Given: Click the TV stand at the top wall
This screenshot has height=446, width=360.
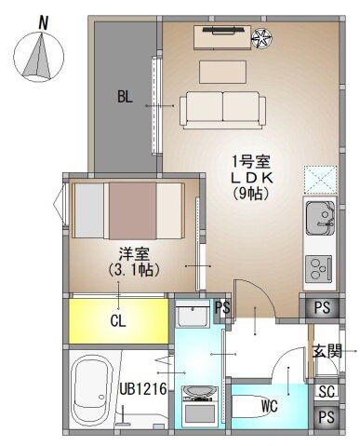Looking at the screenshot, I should (222, 38).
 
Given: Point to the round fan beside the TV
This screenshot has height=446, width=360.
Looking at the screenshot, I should (264, 38).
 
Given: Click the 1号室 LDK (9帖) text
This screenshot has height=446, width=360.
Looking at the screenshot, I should (251, 177).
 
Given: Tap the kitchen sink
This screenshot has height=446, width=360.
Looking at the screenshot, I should (320, 220).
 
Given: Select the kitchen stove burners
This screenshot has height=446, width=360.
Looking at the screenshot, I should (320, 268).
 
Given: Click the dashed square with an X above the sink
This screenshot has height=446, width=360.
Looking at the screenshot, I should (320, 178).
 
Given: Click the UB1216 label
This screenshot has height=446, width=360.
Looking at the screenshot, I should (144, 389).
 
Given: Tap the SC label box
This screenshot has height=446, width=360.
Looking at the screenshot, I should (326, 392).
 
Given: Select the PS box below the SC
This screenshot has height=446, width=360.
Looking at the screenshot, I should (326, 418).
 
